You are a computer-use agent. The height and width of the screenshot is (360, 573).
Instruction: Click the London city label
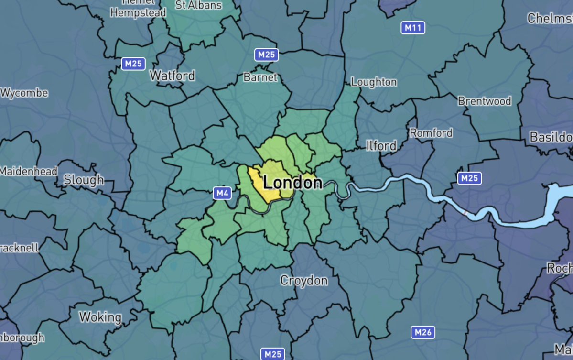(292, 182)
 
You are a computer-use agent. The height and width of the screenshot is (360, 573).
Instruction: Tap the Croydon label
(304, 280)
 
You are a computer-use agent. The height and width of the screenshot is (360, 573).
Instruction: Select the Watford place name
(172, 76)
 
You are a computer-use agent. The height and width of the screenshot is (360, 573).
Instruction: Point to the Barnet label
(260, 77)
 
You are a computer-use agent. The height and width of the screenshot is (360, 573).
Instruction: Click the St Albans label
(199, 5)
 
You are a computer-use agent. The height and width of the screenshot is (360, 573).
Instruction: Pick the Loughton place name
(374, 82)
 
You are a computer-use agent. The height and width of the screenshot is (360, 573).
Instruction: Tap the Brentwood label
(484, 101)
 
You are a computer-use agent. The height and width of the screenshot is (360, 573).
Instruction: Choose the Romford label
(431, 132)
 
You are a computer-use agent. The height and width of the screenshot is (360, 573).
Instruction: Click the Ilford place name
(381, 145)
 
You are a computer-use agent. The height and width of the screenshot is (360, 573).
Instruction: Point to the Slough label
(84, 180)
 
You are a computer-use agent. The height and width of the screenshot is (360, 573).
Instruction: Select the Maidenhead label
(29, 171)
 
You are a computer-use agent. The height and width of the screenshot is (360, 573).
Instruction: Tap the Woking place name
(100, 317)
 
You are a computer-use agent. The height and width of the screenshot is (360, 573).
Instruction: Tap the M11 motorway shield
(412, 28)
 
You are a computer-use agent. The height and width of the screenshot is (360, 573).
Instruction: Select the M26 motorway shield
(423, 332)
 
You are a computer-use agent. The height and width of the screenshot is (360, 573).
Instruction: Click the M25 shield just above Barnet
(266, 55)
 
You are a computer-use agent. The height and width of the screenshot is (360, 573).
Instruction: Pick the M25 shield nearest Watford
(133, 64)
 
